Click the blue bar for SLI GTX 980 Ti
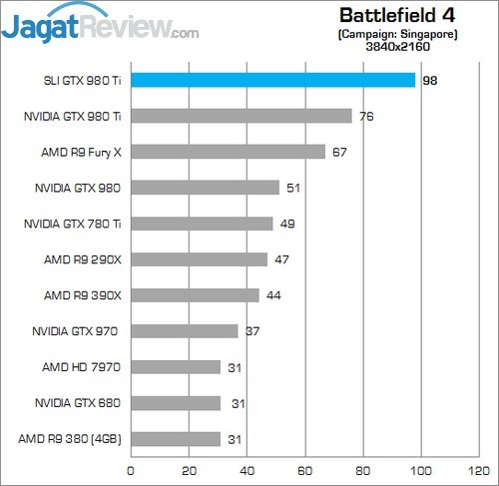point(273,80)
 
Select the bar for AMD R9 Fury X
point(229,152)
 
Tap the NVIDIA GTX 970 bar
point(185,331)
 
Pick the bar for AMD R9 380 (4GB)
point(176,439)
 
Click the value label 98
point(430,81)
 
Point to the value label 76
point(366,117)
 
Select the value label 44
point(273,295)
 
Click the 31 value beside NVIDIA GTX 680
point(239,404)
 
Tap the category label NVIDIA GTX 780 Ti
point(73,224)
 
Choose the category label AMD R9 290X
point(83,259)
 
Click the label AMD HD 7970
point(81,367)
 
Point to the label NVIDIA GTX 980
point(78,188)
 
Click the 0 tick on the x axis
point(131,471)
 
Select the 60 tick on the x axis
point(304,471)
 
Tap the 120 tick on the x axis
point(479,471)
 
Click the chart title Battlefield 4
point(397,15)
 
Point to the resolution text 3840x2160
point(398,46)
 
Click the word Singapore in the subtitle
point(429,34)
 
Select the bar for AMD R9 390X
point(196,295)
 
